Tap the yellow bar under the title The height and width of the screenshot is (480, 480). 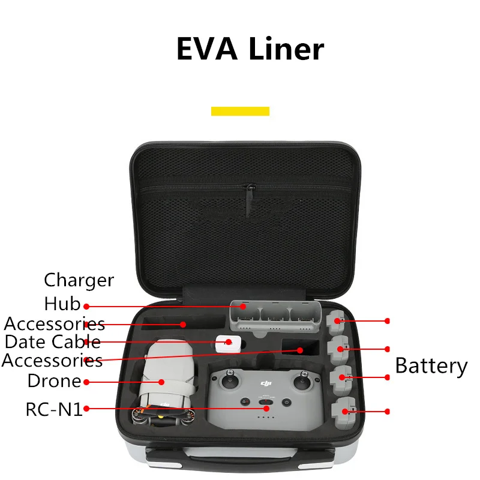[240, 111]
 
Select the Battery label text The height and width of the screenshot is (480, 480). [431, 365]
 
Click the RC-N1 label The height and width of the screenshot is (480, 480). [53, 409]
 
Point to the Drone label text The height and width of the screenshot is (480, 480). [54, 380]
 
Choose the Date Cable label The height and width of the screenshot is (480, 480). [53, 342]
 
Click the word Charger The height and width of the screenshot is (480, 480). [79, 280]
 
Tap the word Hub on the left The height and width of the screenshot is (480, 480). [62, 304]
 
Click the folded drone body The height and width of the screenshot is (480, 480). [161, 378]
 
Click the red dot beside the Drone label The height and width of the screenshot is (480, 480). [86, 382]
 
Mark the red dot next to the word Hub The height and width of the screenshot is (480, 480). [86, 306]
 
